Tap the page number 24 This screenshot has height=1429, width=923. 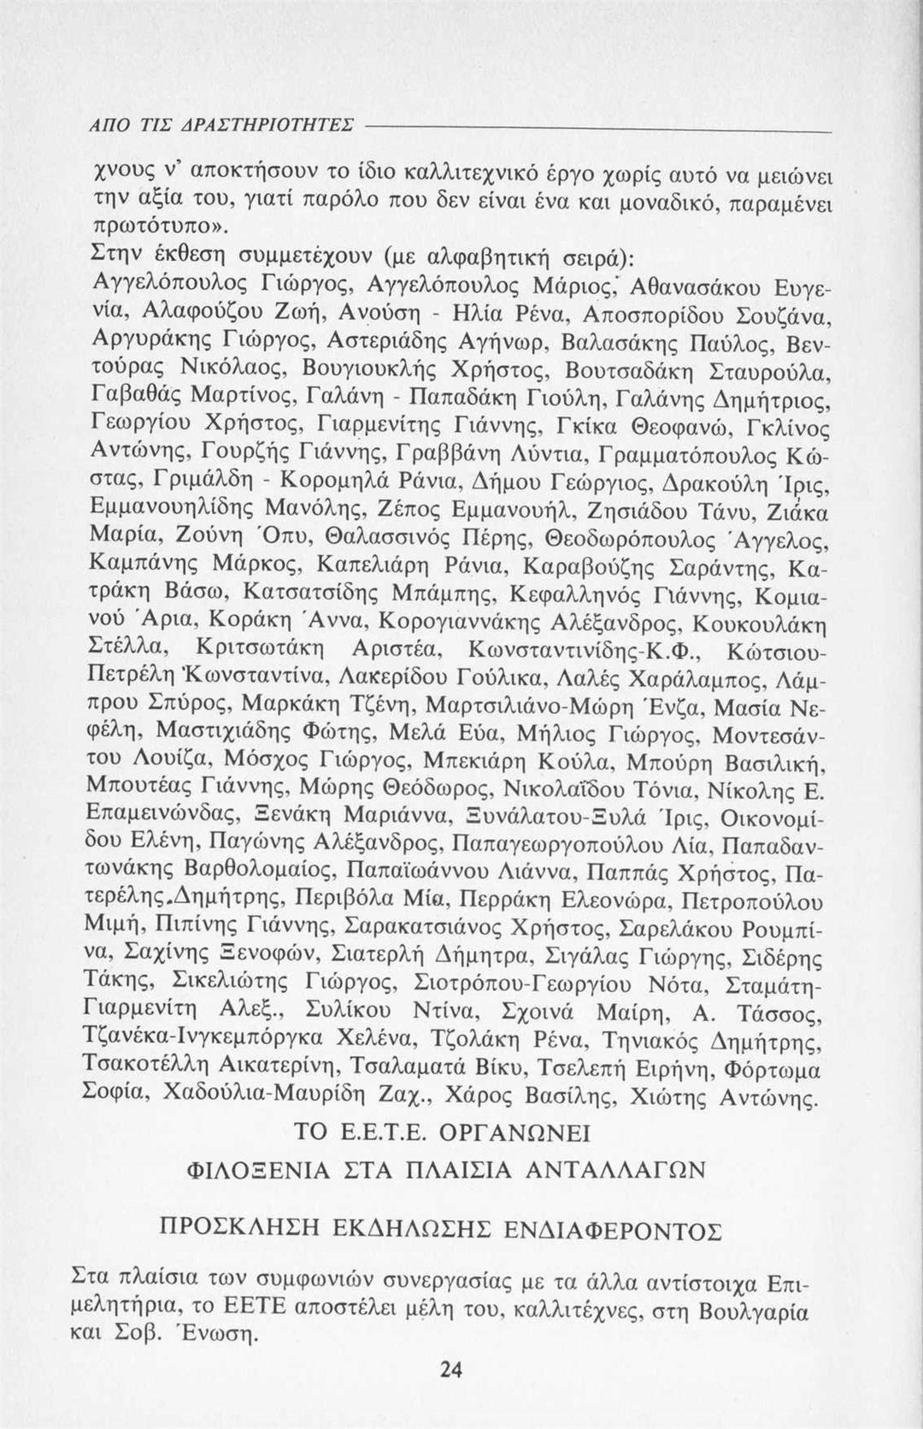(450, 1370)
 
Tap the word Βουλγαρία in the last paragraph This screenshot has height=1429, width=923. (754, 1311)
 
